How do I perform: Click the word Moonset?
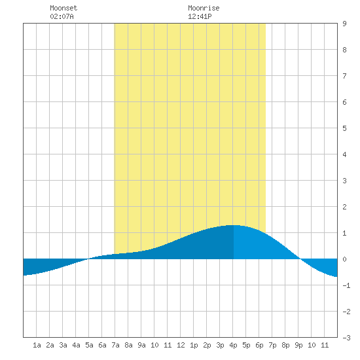point(63,8)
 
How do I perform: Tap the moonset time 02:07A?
point(62,16)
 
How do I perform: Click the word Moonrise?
point(204,8)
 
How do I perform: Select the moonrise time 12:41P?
point(200,16)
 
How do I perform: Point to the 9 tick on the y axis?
point(344,24)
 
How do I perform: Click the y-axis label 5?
point(344,128)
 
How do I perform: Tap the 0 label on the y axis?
point(344,259)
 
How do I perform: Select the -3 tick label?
point(346,338)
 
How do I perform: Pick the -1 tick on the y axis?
point(346,285)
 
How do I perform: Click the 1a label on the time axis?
point(37,345)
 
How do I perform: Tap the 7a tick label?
point(115,345)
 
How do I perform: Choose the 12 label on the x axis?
point(181,345)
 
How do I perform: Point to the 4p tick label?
point(233,345)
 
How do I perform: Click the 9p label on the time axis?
point(298,345)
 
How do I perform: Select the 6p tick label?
point(259,345)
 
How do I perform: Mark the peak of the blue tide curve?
point(234,225)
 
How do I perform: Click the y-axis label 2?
point(344,207)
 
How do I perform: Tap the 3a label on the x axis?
point(63,345)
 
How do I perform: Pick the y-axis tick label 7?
point(344,76)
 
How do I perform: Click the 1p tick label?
point(194,345)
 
